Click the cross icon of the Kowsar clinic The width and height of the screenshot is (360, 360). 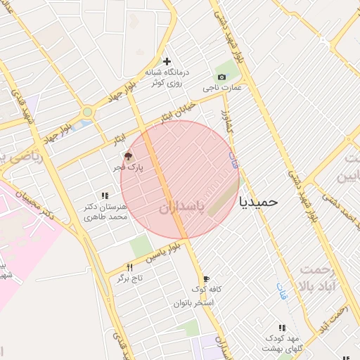pyautogui.click(x=167, y=60)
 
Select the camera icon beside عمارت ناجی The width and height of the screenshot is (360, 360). pyautogui.click(x=222, y=77)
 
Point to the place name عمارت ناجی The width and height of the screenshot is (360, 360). pyautogui.click(x=222, y=88)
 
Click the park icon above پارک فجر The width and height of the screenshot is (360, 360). pyautogui.click(x=128, y=157)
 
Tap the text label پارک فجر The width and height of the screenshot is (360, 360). pyautogui.click(x=129, y=169)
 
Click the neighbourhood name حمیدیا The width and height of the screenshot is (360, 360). pyautogui.click(x=259, y=202)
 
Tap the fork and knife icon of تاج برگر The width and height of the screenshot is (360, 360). pyautogui.click(x=129, y=267)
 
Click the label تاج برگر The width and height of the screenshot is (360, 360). pyautogui.click(x=129, y=278)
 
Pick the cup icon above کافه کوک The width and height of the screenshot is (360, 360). pyautogui.click(x=205, y=279)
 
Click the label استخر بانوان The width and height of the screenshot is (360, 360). pyautogui.click(x=193, y=303)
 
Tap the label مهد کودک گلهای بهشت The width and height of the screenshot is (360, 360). pyautogui.click(x=282, y=343)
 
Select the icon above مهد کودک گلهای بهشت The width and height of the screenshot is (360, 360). pyautogui.click(x=282, y=328)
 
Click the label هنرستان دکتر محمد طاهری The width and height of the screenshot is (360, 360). pyautogui.click(x=105, y=212)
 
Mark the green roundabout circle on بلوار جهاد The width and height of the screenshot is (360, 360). pyautogui.click(x=87, y=111)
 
